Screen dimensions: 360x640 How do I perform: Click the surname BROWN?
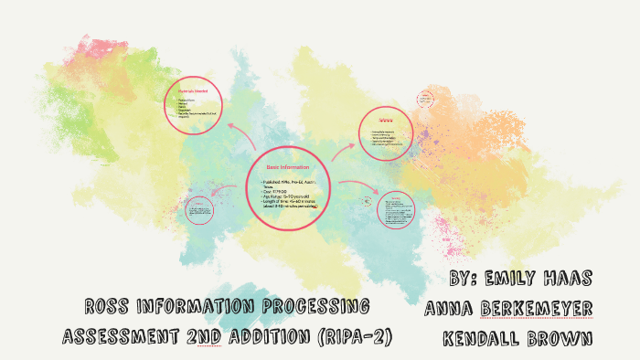[560, 338]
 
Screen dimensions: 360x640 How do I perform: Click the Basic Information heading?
[287, 168]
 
